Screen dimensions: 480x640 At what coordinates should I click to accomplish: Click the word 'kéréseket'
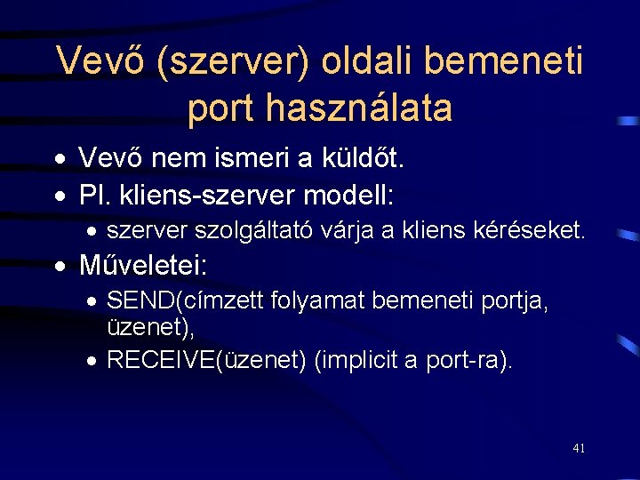[531, 231]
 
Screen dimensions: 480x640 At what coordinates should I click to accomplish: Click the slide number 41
[579, 448]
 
